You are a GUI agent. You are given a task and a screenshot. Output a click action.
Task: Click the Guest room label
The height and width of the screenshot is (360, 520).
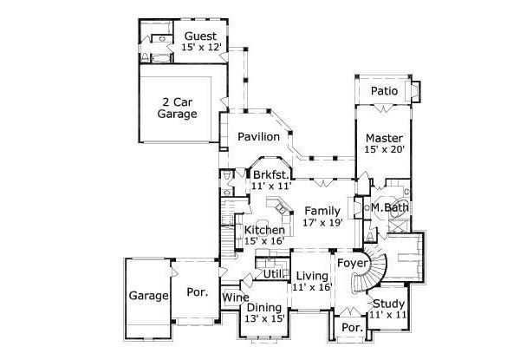[x=200, y=36]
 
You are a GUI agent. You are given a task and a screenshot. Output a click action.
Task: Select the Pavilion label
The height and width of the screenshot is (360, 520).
[x=259, y=137]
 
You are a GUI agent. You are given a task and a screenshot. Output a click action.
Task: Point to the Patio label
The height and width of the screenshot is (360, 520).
[x=384, y=91]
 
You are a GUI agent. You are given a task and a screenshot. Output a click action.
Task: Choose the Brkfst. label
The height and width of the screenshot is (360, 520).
[x=269, y=174]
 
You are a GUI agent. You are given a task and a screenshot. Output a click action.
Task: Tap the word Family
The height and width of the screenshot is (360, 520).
[x=322, y=211]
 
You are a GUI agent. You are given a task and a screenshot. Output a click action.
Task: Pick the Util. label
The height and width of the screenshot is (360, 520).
[x=273, y=274]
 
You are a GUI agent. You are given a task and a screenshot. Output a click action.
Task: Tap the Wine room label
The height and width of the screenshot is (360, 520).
[x=235, y=298]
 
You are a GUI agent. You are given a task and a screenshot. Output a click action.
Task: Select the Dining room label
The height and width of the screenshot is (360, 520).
[x=263, y=307]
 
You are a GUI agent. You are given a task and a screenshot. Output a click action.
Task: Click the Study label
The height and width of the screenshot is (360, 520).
[x=387, y=304]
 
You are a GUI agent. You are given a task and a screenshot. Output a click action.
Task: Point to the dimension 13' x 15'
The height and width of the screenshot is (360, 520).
[x=263, y=318]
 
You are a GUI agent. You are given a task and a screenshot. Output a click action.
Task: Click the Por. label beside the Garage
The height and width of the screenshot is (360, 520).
[x=198, y=293]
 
